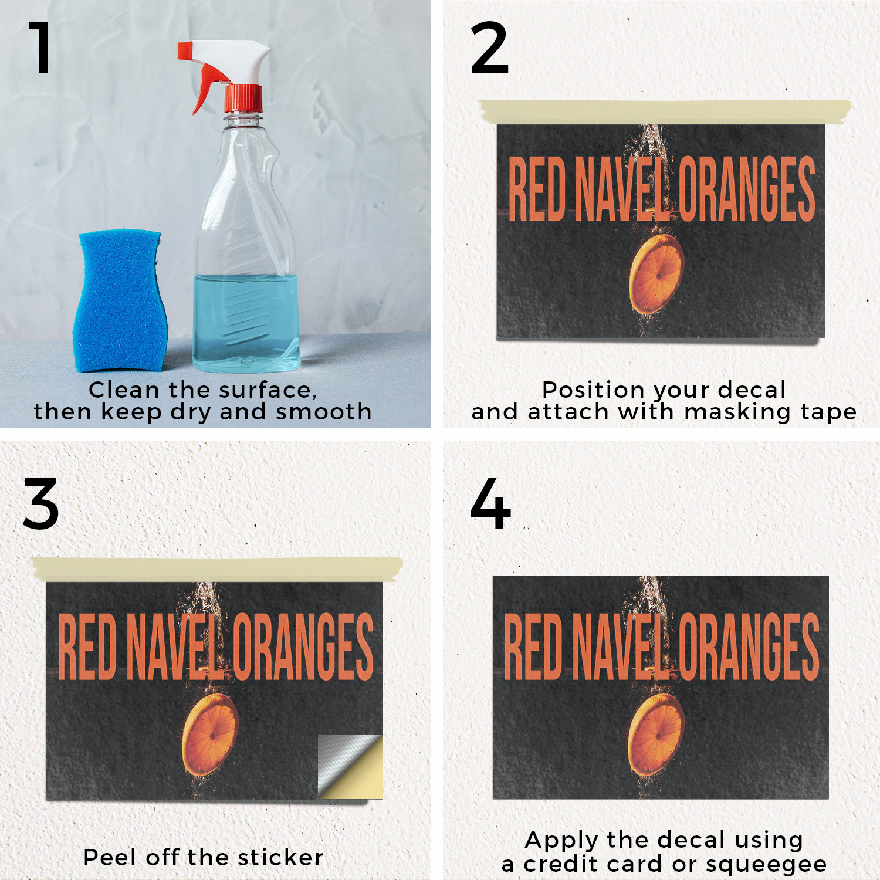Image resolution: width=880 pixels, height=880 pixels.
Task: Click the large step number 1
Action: (x=40, y=48)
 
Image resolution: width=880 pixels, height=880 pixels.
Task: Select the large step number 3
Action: (x=41, y=503)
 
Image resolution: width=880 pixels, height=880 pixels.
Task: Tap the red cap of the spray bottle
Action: (x=243, y=99)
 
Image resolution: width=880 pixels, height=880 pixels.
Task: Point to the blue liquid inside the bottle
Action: (x=246, y=323)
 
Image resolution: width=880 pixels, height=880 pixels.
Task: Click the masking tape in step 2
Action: (x=665, y=111)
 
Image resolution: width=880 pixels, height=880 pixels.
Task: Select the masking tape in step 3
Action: (x=218, y=569)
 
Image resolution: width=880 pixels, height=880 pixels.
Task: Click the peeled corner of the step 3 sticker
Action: (x=350, y=766)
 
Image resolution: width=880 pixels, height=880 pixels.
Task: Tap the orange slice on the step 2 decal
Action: (x=656, y=274)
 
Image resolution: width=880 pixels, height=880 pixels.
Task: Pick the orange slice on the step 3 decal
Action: (x=210, y=735)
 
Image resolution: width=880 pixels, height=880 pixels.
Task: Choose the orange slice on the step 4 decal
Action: (x=656, y=735)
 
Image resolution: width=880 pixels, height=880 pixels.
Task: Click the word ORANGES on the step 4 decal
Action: (x=749, y=647)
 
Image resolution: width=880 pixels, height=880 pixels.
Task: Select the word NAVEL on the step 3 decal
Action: (x=174, y=647)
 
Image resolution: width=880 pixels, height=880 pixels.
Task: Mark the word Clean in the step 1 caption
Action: (x=124, y=390)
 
